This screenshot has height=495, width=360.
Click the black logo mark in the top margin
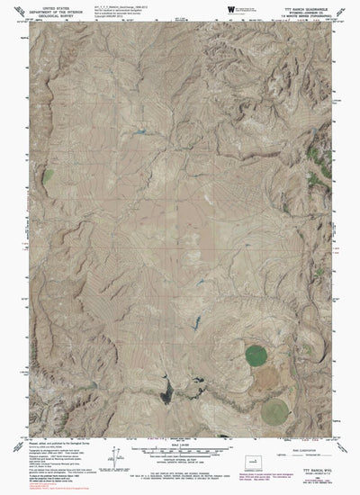[x=205, y=10]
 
